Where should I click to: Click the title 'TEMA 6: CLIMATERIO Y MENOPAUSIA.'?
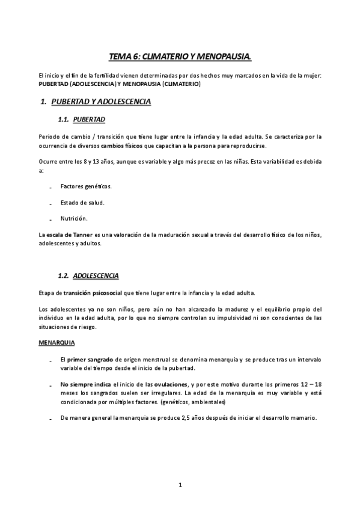pos(180,57)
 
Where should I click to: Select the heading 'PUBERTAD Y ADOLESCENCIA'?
pos(101,102)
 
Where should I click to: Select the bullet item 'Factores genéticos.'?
pos(86,186)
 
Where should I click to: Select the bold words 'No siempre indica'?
pos(85,384)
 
